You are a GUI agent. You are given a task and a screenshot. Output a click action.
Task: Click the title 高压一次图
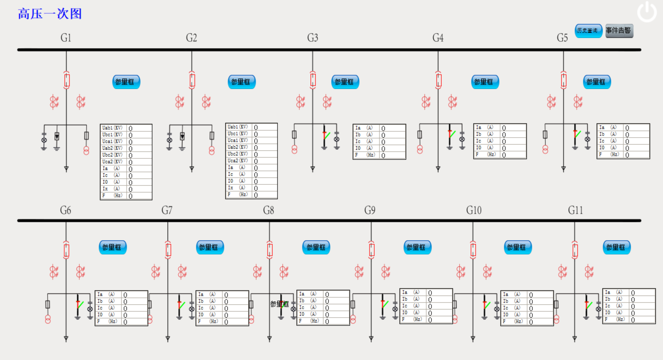(x=50, y=14)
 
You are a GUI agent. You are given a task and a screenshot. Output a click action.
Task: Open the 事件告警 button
(x=619, y=31)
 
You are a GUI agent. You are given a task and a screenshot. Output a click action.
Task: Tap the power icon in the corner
(x=647, y=12)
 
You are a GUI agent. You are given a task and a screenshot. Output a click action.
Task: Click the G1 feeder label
(x=66, y=37)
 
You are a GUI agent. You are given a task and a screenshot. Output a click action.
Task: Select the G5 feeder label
(x=562, y=37)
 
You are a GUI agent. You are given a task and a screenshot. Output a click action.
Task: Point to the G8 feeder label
(x=268, y=210)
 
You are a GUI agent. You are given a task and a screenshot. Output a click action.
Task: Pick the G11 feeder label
(x=575, y=210)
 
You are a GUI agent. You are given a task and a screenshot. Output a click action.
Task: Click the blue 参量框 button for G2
(x=241, y=82)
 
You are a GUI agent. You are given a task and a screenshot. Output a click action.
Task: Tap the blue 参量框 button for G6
(x=112, y=247)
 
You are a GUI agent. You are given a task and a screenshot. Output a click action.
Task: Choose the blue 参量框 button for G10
(x=517, y=247)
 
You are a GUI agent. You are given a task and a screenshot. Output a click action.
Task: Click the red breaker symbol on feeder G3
(x=313, y=80)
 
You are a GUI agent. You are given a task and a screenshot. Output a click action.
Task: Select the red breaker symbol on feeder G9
(x=371, y=250)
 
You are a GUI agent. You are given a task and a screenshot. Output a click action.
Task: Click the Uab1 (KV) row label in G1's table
(x=112, y=128)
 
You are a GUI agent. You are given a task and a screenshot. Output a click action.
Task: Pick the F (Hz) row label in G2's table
(x=238, y=195)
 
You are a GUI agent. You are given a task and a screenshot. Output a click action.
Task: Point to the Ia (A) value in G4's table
(x=504, y=128)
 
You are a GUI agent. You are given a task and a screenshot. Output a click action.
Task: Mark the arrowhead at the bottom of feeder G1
(x=66, y=169)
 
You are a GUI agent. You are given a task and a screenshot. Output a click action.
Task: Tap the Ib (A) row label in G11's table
(x=614, y=299)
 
